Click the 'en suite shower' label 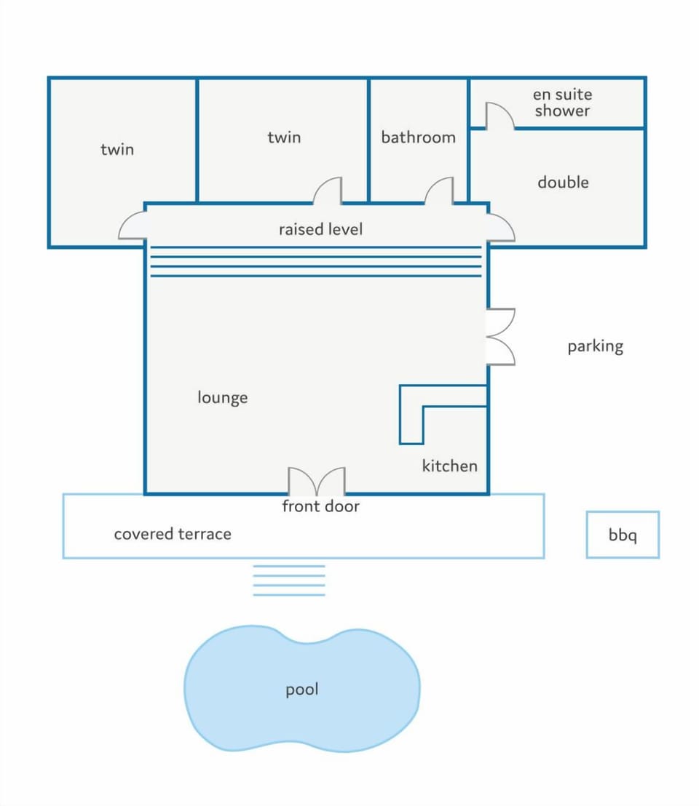pos(562,103)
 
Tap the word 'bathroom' pos(418,137)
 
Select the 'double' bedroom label pos(563,182)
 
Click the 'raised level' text pos(320,228)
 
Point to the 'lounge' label pos(222,397)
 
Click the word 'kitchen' pos(449,466)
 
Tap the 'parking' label pos(595,346)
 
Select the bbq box pos(623,535)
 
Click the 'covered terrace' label pos(173,534)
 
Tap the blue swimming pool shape pos(302,689)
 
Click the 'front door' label pos(320,506)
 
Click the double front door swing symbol pos(317,481)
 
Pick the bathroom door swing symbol pos(439,191)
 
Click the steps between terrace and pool pos(288,580)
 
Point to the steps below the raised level pos(316,262)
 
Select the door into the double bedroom pos(500,228)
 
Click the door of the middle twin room pos(328,191)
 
